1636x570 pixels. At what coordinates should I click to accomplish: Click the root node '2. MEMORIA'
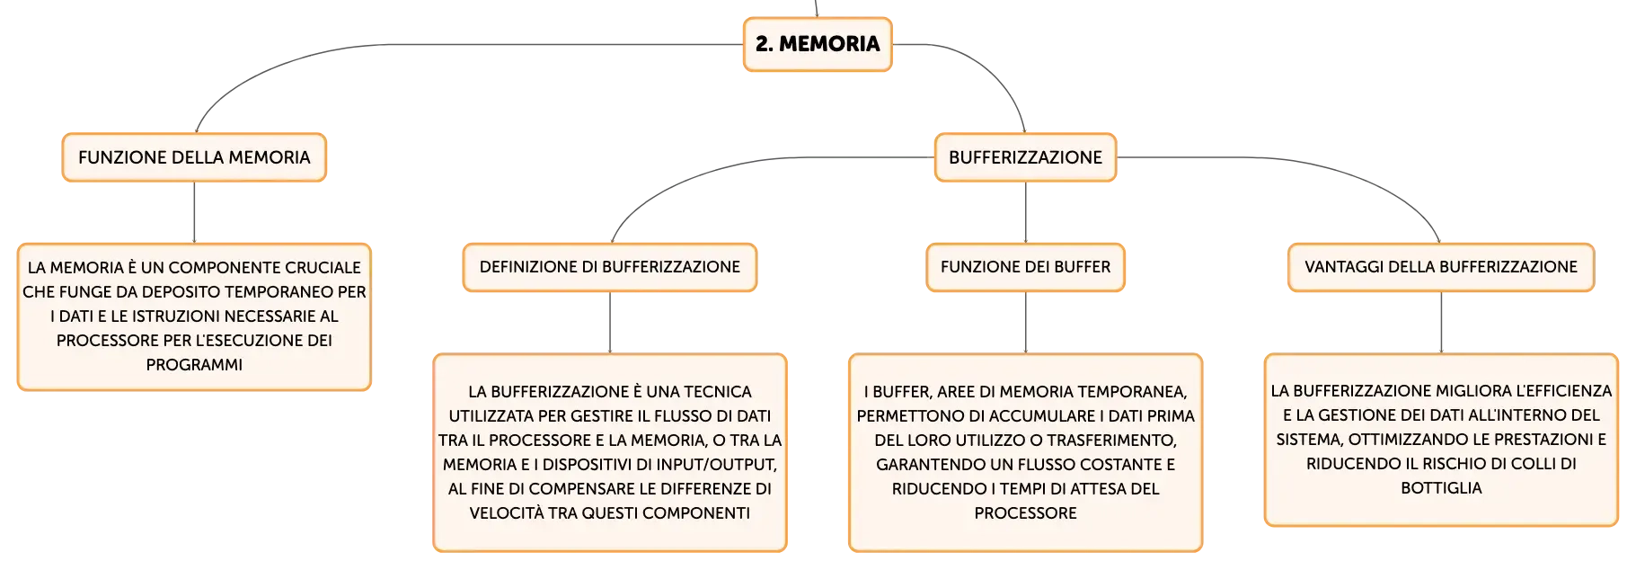[x=818, y=44]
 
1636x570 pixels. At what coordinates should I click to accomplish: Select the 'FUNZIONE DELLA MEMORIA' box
[x=194, y=157]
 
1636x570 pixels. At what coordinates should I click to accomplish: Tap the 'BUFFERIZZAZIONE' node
[x=1025, y=157]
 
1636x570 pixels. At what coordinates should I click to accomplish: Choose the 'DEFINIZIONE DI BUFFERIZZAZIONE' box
[x=610, y=267]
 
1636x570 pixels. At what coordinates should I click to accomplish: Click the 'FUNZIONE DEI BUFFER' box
[x=1025, y=267]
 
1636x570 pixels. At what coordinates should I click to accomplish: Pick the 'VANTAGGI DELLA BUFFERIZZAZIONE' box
[x=1441, y=267]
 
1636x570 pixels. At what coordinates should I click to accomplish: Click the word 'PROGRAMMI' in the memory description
[x=194, y=365]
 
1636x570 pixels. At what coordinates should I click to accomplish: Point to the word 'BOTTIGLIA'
[x=1441, y=488]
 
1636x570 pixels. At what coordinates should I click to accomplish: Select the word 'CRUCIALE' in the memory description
[x=323, y=268]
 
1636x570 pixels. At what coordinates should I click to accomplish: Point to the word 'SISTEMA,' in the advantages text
[x=1310, y=440]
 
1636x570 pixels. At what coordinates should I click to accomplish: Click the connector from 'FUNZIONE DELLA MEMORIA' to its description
[x=194, y=212]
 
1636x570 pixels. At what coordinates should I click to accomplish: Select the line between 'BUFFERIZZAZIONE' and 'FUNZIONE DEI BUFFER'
[x=1025, y=212]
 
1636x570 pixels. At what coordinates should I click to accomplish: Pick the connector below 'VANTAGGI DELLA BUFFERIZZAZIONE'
[x=1441, y=323]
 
